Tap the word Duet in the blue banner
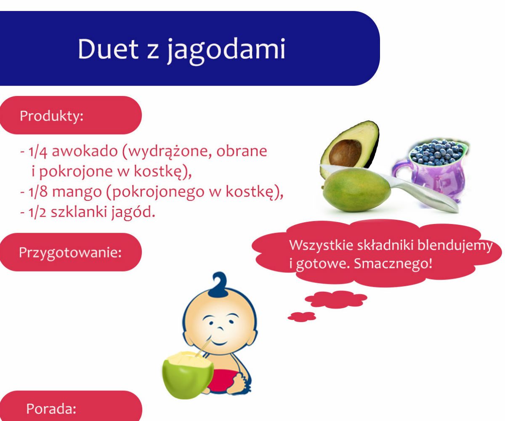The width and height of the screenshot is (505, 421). point(108,49)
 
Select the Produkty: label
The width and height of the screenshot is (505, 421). point(51,116)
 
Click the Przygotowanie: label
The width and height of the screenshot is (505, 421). point(70,253)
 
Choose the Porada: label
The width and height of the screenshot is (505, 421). point(51,409)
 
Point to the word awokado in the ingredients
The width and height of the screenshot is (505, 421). point(85,151)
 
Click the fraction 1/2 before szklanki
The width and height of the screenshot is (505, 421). point(37,212)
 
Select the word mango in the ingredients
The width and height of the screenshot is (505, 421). point(77,192)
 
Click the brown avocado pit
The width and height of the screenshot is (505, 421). point(345,153)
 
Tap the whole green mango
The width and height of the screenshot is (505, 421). point(356,190)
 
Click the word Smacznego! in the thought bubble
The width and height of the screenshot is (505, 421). point(393,264)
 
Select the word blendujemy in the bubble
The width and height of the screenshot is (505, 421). point(455,245)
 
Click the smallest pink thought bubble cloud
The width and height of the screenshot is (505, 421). point(302,317)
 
